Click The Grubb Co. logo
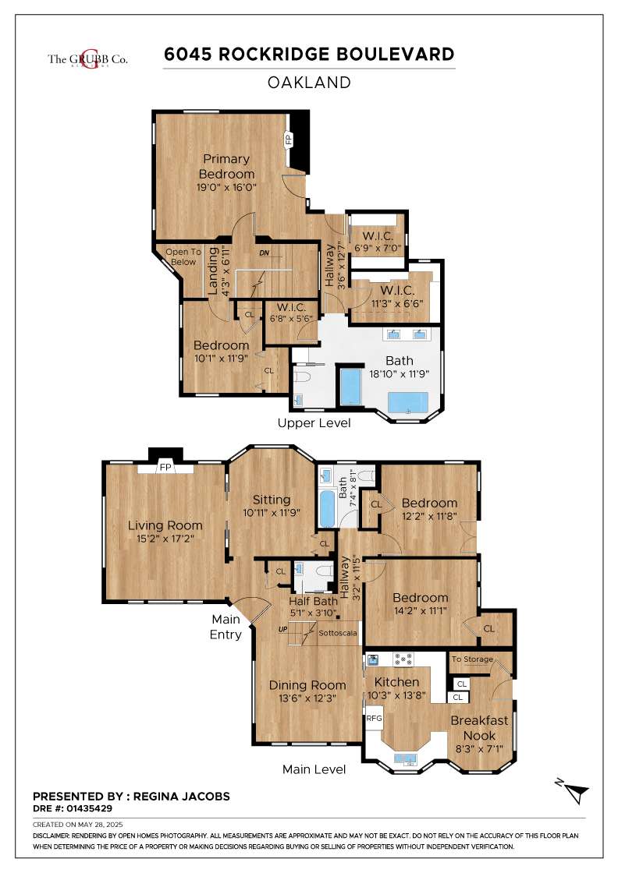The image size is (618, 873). (x=87, y=59)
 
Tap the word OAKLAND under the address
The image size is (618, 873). (x=309, y=83)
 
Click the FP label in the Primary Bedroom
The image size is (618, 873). (x=289, y=138)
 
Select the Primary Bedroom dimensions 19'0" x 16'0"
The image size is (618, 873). (x=227, y=187)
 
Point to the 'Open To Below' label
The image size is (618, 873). (x=183, y=256)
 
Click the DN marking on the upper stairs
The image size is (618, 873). (x=265, y=253)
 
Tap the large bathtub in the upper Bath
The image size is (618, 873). (x=408, y=402)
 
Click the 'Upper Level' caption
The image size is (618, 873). (x=314, y=423)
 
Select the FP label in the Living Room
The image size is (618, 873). (x=165, y=467)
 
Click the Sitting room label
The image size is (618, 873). (x=272, y=500)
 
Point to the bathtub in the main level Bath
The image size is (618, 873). (x=328, y=507)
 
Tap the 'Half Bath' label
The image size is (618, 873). (x=313, y=601)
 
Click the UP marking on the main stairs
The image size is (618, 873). (x=283, y=629)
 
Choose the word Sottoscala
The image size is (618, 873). (x=338, y=633)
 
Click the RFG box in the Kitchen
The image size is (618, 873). (x=374, y=718)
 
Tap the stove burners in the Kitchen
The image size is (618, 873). (x=403, y=659)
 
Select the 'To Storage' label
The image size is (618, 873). (x=473, y=659)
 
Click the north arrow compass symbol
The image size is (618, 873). (x=574, y=791)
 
